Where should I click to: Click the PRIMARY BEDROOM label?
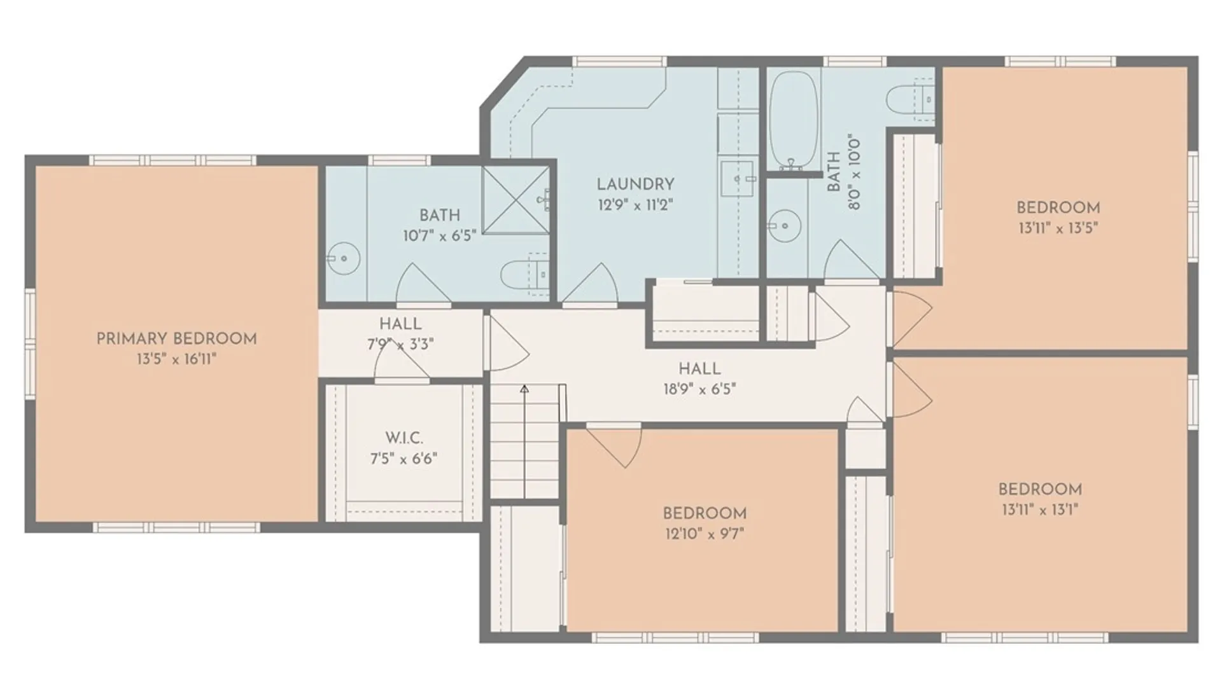[176, 338]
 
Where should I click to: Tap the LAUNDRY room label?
[635, 184]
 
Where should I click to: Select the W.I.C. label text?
[404, 438]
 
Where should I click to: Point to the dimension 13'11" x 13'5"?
[1058, 228]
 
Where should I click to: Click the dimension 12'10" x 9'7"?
[704, 533]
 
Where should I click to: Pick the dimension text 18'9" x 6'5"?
[699, 389]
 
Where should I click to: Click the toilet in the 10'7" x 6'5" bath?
[524, 275]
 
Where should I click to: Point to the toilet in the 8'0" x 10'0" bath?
[910, 100]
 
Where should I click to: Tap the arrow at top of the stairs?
[524, 389]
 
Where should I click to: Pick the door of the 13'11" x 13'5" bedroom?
[911, 318]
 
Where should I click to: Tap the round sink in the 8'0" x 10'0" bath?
[785, 225]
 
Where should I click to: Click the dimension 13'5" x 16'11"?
[176, 359]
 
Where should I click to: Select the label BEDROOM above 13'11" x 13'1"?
[1040, 489]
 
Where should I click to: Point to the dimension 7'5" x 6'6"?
[404, 458]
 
